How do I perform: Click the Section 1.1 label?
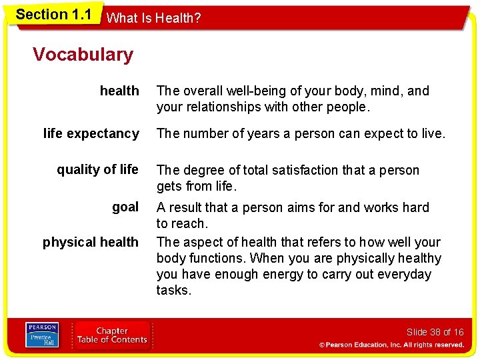pyautogui.click(x=53, y=15)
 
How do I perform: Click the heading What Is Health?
pyautogui.click(x=153, y=19)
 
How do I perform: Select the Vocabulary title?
pyautogui.click(x=83, y=55)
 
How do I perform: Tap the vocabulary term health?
pyautogui.click(x=119, y=91)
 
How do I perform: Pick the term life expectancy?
pyautogui.click(x=91, y=133)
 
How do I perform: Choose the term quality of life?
pyautogui.click(x=97, y=169)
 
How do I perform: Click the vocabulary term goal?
pyautogui.click(x=125, y=207)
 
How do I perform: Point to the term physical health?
pyautogui.click(x=91, y=242)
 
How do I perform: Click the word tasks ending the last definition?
pyautogui.click(x=173, y=290)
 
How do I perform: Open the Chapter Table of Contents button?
pyautogui.click(x=112, y=335)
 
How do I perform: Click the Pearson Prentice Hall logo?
pyautogui.click(x=42, y=335)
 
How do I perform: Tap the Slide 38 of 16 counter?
pyautogui.click(x=435, y=332)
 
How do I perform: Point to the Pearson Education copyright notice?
pyautogui.click(x=391, y=345)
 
